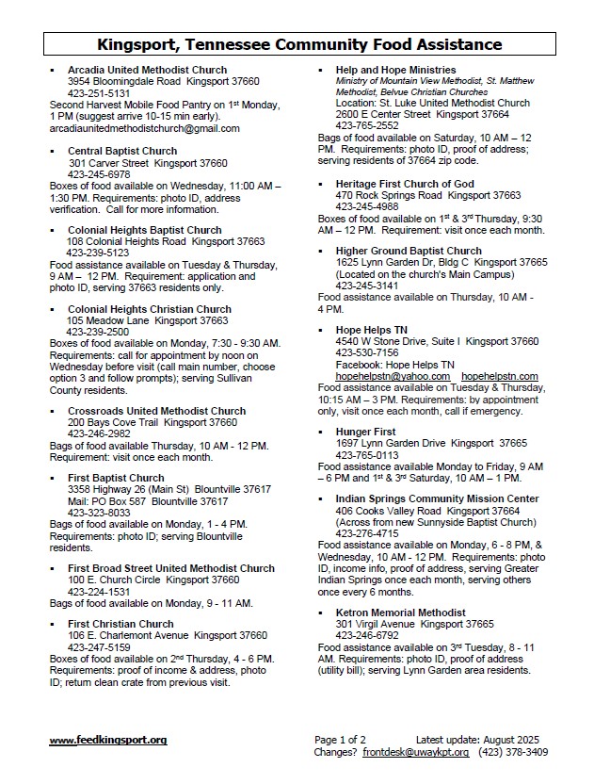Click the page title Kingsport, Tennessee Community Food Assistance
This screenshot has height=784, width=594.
299,44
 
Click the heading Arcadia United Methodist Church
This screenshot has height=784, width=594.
147,70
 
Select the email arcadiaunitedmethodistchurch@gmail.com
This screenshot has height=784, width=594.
144,128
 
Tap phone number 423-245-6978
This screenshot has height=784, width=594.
99,174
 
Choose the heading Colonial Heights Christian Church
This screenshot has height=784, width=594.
149,309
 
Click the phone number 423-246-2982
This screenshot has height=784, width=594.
99,434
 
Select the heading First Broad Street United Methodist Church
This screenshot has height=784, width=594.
171,568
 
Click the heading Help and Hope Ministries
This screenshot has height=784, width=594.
395,70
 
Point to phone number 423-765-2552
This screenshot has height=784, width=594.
367,125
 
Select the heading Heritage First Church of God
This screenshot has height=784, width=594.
405,184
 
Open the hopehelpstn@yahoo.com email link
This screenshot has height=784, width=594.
393,376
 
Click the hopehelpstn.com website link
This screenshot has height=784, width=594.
500,376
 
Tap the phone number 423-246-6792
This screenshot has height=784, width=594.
367,636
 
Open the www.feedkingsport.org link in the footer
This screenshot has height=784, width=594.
107,741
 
